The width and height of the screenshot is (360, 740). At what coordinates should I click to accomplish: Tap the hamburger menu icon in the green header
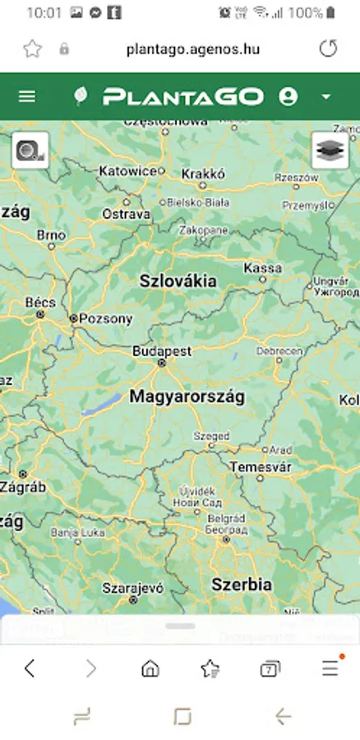click(27, 96)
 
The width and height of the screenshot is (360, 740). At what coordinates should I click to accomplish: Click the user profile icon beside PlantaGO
click(288, 96)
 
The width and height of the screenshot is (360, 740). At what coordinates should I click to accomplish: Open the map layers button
click(330, 150)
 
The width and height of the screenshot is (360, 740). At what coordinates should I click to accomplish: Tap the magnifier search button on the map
click(30, 150)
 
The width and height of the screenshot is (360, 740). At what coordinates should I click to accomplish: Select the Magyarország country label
click(187, 396)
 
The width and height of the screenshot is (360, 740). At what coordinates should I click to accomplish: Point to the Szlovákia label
click(178, 280)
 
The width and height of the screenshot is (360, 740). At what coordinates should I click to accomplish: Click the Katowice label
click(127, 171)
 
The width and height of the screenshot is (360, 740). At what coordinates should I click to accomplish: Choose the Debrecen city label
click(279, 351)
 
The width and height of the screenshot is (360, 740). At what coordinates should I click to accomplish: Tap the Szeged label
click(211, 436)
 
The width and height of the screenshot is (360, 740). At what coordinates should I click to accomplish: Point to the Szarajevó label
click(133, 588)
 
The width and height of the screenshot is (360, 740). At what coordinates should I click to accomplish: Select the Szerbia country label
click(242, 585)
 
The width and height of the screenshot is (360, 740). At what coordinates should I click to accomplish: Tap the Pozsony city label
click(105, 318)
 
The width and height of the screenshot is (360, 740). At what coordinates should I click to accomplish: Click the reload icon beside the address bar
click(328, 49)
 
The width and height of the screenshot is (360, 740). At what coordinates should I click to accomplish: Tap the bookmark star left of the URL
click(32, 49)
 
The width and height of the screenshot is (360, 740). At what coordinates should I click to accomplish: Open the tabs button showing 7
click(269, 668)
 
